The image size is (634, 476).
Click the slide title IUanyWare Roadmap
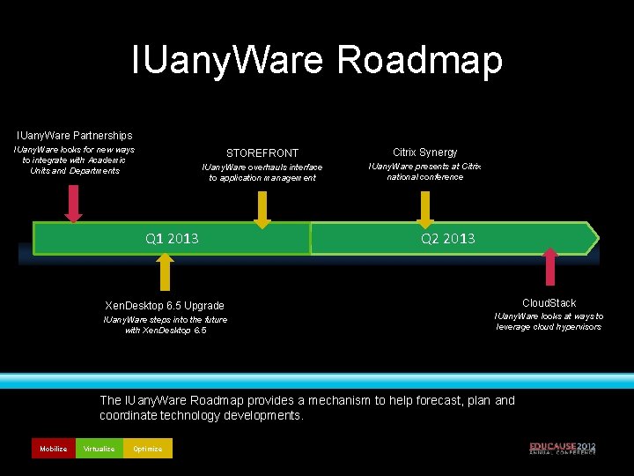pos(317,60)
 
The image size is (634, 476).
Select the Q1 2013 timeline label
pos(172,238)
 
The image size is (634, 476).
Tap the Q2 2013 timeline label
pos(448,238)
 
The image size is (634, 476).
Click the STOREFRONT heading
pos(262,152)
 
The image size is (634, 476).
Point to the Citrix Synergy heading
pos(425,152)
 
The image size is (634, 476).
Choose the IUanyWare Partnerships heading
pos(75,135)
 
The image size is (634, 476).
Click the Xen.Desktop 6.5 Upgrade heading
pos(164,305)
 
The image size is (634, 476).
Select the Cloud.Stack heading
pos(549,302)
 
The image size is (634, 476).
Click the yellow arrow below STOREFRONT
pos(262,210)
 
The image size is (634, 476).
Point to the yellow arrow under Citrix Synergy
pos(425,208)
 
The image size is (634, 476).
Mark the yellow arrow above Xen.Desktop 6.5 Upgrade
pos(164,271)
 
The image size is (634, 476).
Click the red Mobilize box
pos(53,449)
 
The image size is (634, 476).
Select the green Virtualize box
pos(99,449)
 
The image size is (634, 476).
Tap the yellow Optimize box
pos(148,449)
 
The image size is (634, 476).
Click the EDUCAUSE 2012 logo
pos(562,448)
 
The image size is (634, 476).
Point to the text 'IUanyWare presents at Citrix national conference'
pos(425,171)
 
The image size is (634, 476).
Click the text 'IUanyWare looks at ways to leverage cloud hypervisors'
pos(549,321)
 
